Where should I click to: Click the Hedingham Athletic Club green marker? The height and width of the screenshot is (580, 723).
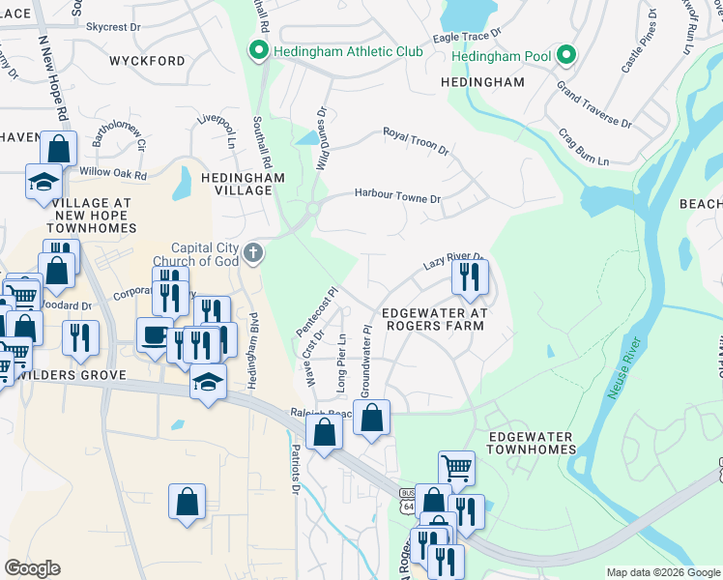click(259, 50)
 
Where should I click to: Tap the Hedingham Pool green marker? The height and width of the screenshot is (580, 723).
click(566, 56)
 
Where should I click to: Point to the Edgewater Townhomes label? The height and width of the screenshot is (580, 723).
click(533, 443)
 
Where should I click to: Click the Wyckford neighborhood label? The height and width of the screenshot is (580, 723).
click(147, 61)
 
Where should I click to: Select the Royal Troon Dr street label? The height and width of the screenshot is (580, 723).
click(416, 141)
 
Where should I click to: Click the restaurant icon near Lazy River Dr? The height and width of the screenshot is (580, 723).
click(470, 277)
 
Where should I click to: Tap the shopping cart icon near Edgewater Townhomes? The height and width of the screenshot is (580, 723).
click(456, 469)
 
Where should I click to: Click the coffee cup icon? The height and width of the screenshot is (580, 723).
click(155, 335)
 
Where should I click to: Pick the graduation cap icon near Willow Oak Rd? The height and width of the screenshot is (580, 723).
click(43, 183)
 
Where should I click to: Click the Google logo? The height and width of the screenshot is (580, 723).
click(32, 568)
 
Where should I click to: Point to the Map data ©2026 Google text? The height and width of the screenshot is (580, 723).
click(662, 572)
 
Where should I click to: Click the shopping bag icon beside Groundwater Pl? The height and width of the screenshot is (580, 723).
click(372, 418)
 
